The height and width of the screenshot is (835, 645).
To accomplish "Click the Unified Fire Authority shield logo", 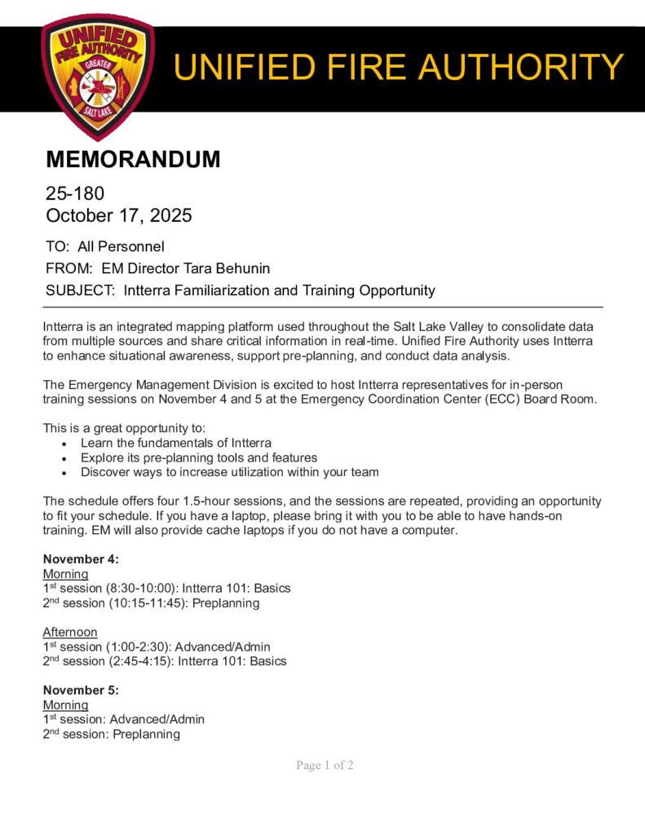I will point(97,75).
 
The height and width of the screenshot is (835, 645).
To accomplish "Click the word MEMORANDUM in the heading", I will point(133,160).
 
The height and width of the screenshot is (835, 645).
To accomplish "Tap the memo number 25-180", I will point(75,194).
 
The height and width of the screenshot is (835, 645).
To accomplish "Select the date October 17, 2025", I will point(119,216).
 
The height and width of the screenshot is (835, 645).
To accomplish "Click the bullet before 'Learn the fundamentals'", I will point(65,444).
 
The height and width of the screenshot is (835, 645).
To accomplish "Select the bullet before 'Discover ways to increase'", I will point(65,473).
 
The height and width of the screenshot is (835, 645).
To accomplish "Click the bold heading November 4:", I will point(81,559).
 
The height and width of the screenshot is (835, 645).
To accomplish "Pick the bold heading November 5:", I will point(81,690).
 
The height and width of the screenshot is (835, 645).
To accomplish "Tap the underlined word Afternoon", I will point(70,632).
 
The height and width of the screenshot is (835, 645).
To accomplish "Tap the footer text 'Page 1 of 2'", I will point(325,766).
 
